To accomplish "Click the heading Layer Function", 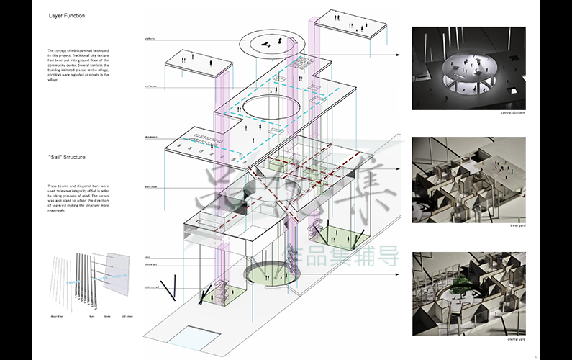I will point(67,16).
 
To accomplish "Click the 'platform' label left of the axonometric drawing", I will point(150,38).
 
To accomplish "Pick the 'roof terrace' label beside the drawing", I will point(151,86).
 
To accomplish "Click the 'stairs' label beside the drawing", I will point(148,256).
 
